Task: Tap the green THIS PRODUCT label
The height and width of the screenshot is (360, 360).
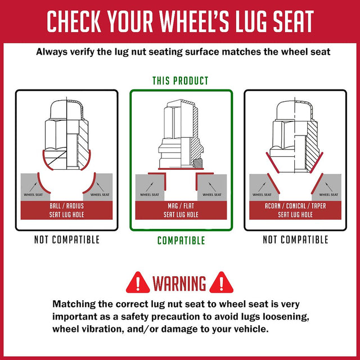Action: click(181, 81)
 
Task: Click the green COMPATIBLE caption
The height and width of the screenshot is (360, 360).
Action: click(181, 240)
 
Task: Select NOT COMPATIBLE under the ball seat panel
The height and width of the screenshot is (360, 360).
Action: click(67, 240)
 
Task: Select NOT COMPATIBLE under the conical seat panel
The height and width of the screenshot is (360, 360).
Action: click(295, 240)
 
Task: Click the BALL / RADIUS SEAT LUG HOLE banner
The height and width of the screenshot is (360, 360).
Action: click(66, 210)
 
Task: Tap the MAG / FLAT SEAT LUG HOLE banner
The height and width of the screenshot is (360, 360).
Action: click(181, 210)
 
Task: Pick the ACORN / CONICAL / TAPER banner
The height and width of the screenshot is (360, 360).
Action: click(295, 210)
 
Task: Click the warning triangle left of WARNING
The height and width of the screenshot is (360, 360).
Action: click(138, 283)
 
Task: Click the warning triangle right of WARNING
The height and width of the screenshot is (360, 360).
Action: click(221, 283)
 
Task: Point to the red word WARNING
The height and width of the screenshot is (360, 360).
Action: click(179, 283)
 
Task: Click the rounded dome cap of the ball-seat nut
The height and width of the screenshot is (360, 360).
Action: click(67, 110)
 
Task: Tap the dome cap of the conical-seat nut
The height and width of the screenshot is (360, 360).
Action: click(295, 110)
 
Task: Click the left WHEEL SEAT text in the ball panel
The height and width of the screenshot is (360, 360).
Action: click(33, 195)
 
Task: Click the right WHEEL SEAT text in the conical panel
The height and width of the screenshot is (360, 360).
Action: click(328, 195)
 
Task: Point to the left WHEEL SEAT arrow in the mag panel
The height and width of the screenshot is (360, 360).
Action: click(150, 187)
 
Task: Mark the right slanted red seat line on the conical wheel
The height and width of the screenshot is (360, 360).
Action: click(317, 183)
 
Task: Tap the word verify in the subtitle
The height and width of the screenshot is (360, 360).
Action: click(82, 52)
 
